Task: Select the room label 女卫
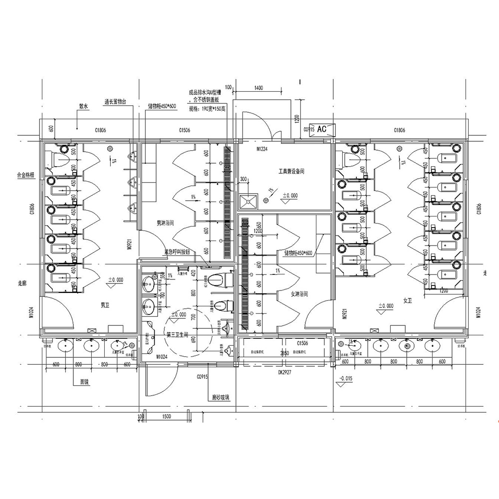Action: (407, 300)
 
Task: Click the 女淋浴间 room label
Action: (299, 294)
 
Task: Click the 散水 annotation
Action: (83, 106)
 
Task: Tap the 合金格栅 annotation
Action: (25, 175)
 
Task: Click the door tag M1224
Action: (263, 148)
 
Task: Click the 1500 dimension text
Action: (166, 416)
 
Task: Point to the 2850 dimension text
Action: (284, 353)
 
